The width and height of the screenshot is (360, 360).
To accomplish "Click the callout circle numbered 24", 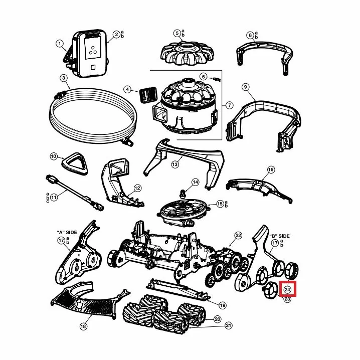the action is pyautogui.click(x=287, y=289).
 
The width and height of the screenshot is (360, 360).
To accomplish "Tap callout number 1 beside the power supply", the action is pyautogui.click(x=60, y=44).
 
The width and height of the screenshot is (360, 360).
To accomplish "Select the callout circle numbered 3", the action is pyautogui.click(x=64, y=78).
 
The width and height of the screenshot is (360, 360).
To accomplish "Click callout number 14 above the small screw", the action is pyautogui.click(x=195, y=183).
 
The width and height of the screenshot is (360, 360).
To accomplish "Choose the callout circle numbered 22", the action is pyautogui.click(x=238, y=235).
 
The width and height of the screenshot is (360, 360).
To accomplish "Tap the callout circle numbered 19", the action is pyautogui.click(x=223, y=305).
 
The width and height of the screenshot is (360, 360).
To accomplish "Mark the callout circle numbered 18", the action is pyautogui.click(x=84, y=326).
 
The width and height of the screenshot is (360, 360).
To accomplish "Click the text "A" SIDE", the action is pyautogui.click(x=67, y=232).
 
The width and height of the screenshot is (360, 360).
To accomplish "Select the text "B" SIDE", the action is pyautogui.click(x=279, y=236).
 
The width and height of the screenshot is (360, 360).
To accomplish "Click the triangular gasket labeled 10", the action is pyautogui.click(x=75, y=163).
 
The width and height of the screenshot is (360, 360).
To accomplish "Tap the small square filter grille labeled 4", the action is pyautogui.click(x=148, y=95).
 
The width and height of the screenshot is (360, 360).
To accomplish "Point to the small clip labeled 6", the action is pyautogui.click(x=217, y=79).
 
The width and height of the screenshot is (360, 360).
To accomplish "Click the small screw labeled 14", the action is pyautogui.click(x=183, y=194).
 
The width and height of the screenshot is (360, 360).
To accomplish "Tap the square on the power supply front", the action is pyautogui.click(x=93, y=67).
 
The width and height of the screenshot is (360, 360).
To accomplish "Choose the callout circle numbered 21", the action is pyautogui.click(x=229, y=325).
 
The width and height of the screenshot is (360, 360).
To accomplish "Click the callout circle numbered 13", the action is pyautogui.click(x=175, y=164).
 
